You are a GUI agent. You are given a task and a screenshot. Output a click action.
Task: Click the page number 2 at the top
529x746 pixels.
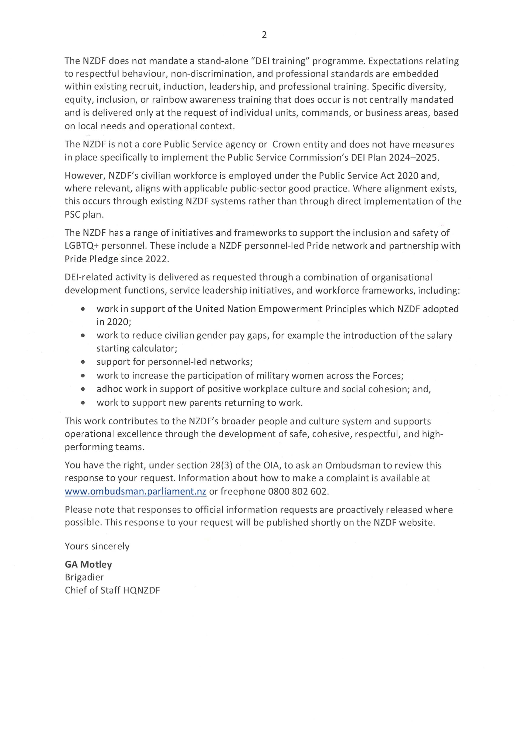[x=264, y=35]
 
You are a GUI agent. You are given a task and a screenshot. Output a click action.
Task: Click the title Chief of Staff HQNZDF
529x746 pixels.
[x=112, y=590]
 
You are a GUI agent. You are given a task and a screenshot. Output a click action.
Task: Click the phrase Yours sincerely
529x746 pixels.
[x=97, y=546]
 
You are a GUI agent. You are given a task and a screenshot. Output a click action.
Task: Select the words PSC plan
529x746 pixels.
[x=84, y=214]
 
